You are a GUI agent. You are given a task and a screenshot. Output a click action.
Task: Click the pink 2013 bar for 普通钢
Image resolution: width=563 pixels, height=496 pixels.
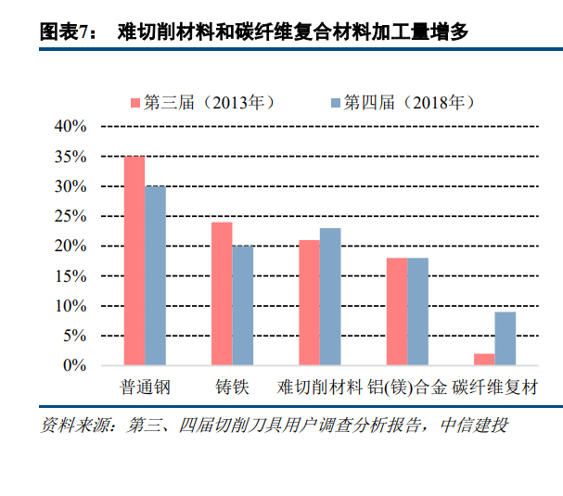coord(134,261)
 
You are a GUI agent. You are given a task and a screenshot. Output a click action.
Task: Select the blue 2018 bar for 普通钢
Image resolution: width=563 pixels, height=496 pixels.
coord(155,275)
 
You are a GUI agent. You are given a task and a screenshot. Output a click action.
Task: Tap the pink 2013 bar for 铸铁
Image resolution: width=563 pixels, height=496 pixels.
coord(222,293)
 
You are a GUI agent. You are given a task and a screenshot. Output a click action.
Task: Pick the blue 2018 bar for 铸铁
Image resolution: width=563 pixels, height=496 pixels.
coord(242,305)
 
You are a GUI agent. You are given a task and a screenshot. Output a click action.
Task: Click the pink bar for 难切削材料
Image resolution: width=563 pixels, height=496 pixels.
coord(309,302)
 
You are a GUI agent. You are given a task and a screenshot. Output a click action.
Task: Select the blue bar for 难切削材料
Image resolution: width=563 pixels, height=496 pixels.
coord(329,297)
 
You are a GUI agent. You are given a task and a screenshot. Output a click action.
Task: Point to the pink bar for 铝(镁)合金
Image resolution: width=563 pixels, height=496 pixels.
coord(397,312)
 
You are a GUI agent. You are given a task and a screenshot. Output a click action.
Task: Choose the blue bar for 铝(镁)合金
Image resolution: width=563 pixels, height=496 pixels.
coord(417,312)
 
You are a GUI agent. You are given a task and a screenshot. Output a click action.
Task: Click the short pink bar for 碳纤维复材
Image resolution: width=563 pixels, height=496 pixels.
coord(484,359)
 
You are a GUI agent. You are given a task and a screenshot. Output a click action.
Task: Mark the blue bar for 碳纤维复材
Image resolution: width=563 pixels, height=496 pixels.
coord(505,338)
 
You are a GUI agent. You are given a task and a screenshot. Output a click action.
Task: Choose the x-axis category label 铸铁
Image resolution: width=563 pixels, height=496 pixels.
coord(232,387)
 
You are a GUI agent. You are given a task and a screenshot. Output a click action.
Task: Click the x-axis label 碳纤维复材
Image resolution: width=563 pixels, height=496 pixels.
coord(495,387)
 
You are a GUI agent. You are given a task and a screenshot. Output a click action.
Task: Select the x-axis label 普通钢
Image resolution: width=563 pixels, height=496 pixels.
coord(145,387)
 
